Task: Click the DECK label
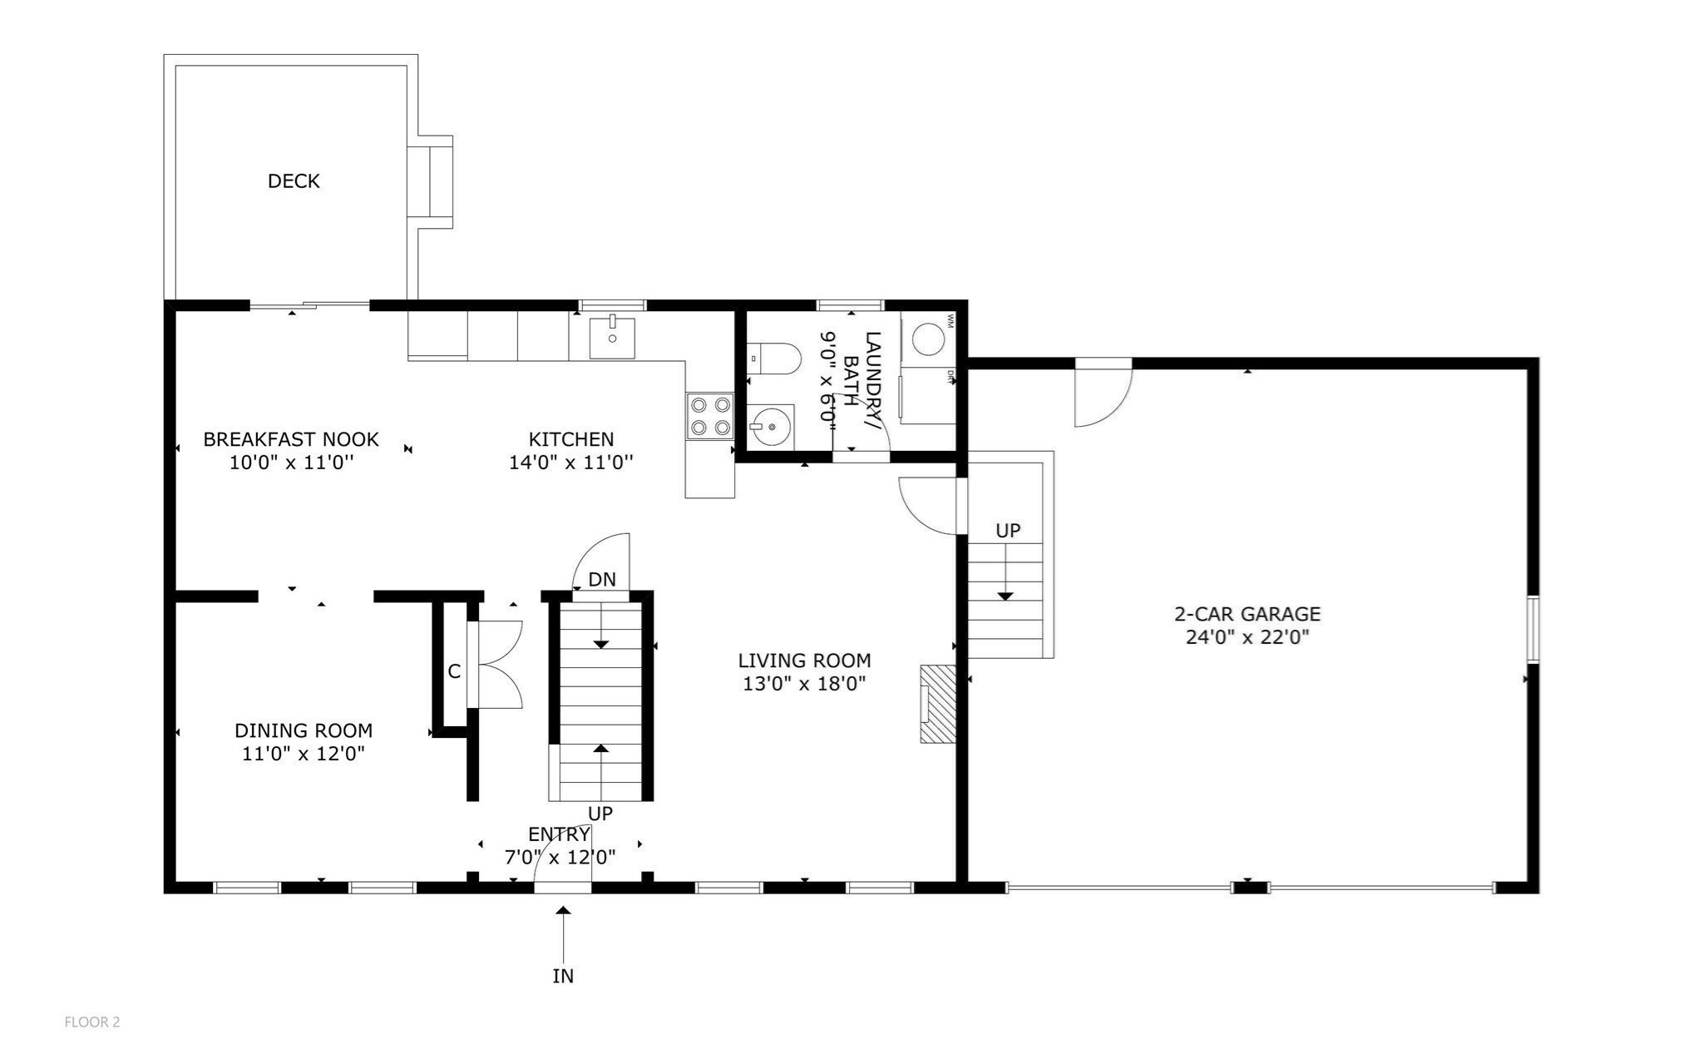[294, 181]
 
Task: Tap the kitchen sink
[612, 337]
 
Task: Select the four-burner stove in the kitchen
[709, 417]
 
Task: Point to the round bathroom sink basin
[773, 426]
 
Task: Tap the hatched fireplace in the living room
[937, 704]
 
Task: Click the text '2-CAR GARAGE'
[1246, 614]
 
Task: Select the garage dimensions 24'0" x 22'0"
[1246, 638]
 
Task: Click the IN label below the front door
[563, 976]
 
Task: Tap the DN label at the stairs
[602, 579]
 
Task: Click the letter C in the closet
[454, 671]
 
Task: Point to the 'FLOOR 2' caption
[92, 1022]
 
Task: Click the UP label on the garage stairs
[1008, 530]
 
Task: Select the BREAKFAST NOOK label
[291, 438]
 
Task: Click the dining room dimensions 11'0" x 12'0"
[304, 754]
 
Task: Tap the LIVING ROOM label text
[804, 661]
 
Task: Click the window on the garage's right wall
[1533, 629]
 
